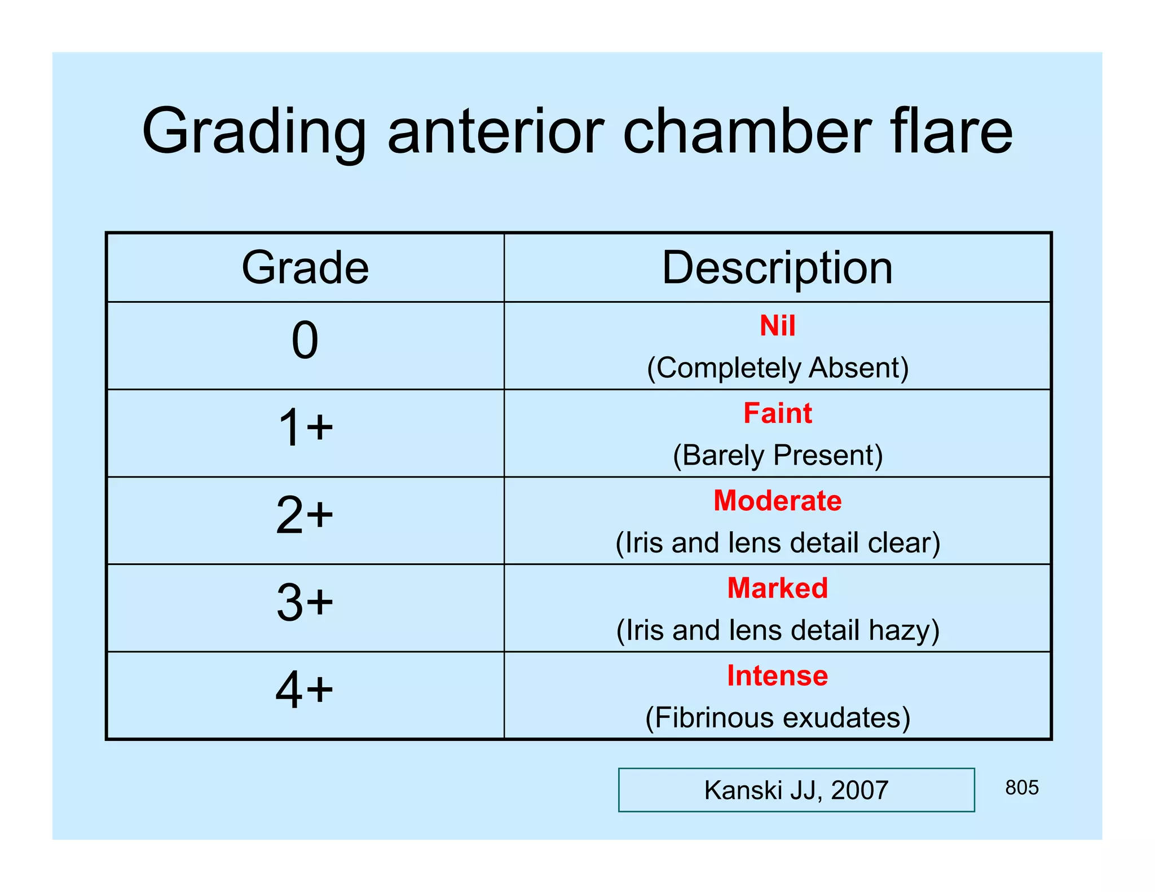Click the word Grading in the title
tap(254, 133)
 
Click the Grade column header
tap(305, 267)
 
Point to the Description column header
tap(777, 267)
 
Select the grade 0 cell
tap(305, 341)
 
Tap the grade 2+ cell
tap(305, 515)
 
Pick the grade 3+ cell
tap(305, 602)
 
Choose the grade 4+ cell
tap(305, 690)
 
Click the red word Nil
tap(777, 326)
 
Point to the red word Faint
tap(777, 413)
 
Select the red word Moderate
tap(777, 501)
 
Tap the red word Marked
tap(777, 588)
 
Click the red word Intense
tap(777, 675)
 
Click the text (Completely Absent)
tap(777, 368)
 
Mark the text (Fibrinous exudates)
tap(777, 718)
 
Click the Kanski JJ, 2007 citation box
tap(796, 790)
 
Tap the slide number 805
tap(1021, 788)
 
